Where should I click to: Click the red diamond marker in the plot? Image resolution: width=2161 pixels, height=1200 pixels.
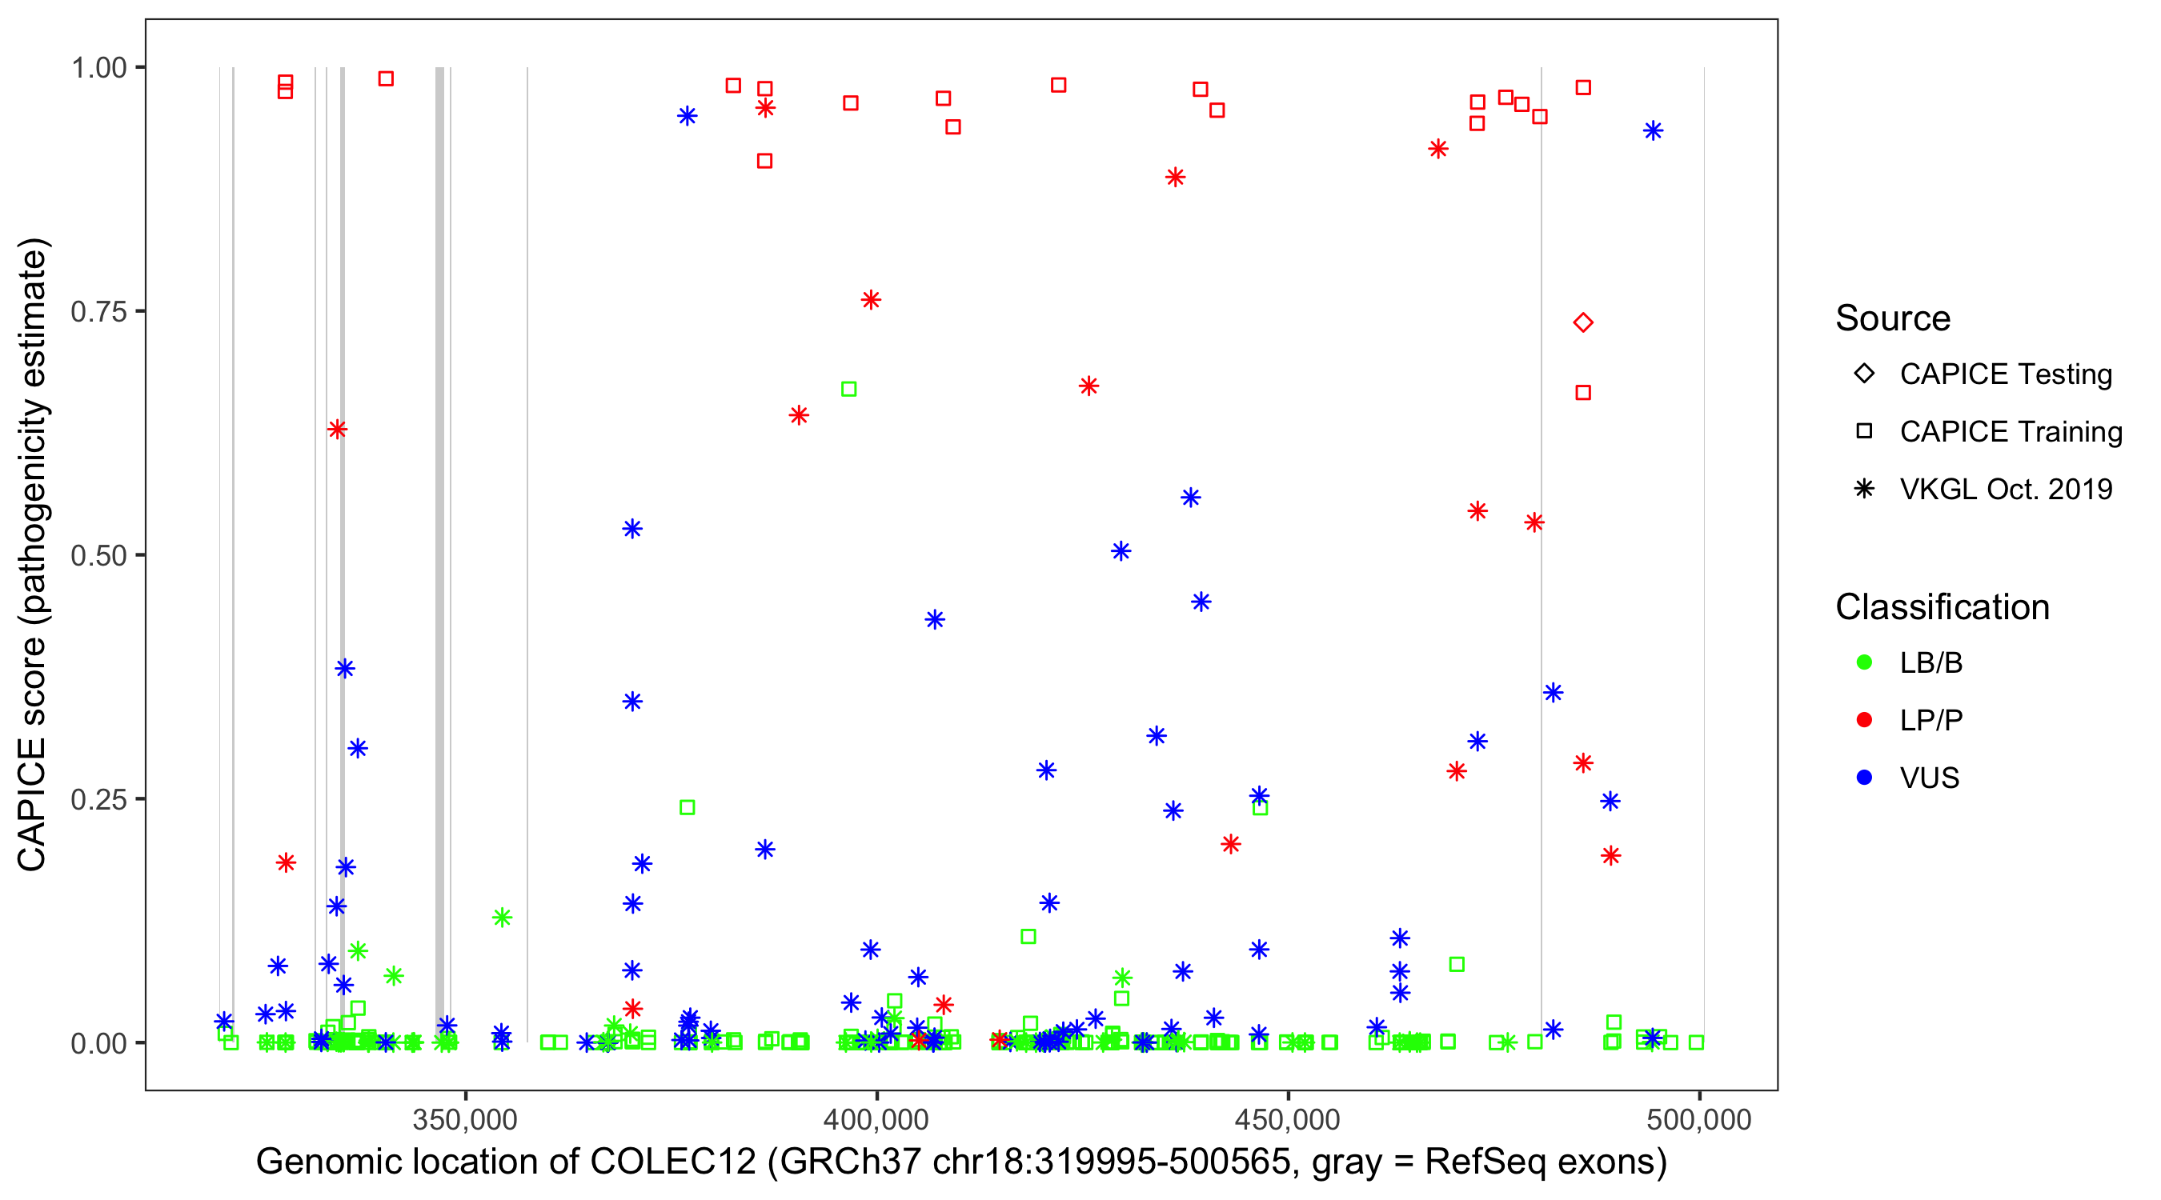pyautogui.click(x=1582, y=322)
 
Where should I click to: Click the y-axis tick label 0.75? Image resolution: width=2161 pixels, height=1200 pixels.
pyautogui.click(x=98, y=311)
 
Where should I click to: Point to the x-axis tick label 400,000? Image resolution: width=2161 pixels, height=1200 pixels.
pyautogui.click(x=876, y=1118)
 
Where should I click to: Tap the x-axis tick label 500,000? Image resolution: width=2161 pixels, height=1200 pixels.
pyautogui.click(x=1698, y=1118)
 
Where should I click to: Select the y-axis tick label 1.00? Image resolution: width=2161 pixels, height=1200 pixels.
pyautogui.click(x=98, y=67)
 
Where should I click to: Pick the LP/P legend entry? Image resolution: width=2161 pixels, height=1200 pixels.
pyautogui.click(x=1930, y=720)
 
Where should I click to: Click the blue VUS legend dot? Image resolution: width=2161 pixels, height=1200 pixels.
pyautogui.click(x=1864, y=778)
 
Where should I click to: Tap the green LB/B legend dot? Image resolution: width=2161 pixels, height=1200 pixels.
pyautogui.click(x=1864, y=662)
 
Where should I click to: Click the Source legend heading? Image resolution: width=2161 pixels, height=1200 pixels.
pyautogui.click(x=1893, y=318)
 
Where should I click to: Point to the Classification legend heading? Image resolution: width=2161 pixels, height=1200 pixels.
pyautogui.click(x=1942, y=607)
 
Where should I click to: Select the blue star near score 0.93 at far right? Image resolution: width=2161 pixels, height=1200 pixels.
pyautogui.click(x=1653, y=131)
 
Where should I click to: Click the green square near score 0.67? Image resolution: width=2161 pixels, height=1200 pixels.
pyautogui.click(x=848, y=389)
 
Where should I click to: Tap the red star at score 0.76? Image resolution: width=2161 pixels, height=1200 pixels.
pyautogui.click(x=870, y=300)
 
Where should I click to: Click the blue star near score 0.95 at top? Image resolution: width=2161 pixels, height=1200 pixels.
pyautogui.click(x=687, y=116)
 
